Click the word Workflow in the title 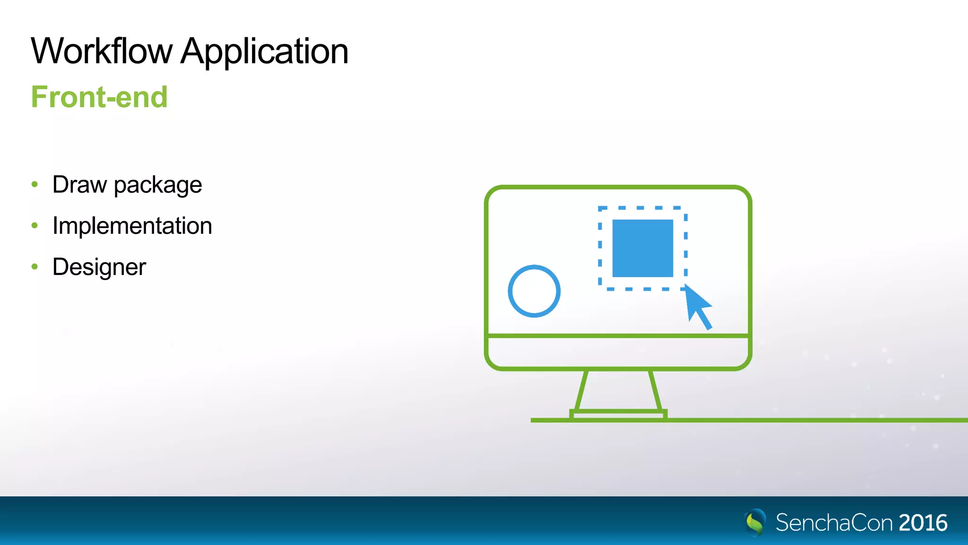pyautogui.click(x=102, y=51)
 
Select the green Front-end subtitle pyautogui.click(x=99, y=97)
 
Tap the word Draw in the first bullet pyautogui.click(x=79, y=185)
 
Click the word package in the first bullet pyautogui.click(x=158, y=185)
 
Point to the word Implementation pyautogui.click(x=132, y=226)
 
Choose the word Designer pyautogui.click(x=99, y=267)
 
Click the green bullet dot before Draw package pyautogui.click(x=35, y=185)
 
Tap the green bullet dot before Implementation pyautogui.click(x=35, y=226)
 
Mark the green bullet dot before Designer pyautogui.click(x=35, y=267)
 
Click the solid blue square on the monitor pyautogui.click(x=642, y=248)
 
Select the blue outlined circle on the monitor pyautogui.click(x=534, y=291)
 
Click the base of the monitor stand pyautogui.click(x=618, y=415)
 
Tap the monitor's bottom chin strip pyautogui.click(x=618, y=352)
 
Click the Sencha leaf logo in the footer pyautogui.click(x=755, y=522)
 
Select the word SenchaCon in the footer pyautogui.click(x=834, y=523)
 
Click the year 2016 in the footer pyautogui.click(x=923, y=523)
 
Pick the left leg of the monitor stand pyautogui.click(x=582, y=390)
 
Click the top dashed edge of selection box pyautogui.click(x=642, y=208)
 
